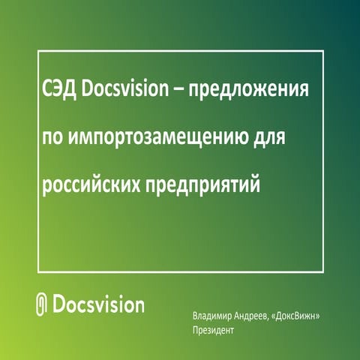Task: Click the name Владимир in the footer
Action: [x=213, y=316]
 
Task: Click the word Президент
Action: [x=214, y=330]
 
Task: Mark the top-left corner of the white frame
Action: [x=37, y=51]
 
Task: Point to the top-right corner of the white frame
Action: [x=323, y=51]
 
